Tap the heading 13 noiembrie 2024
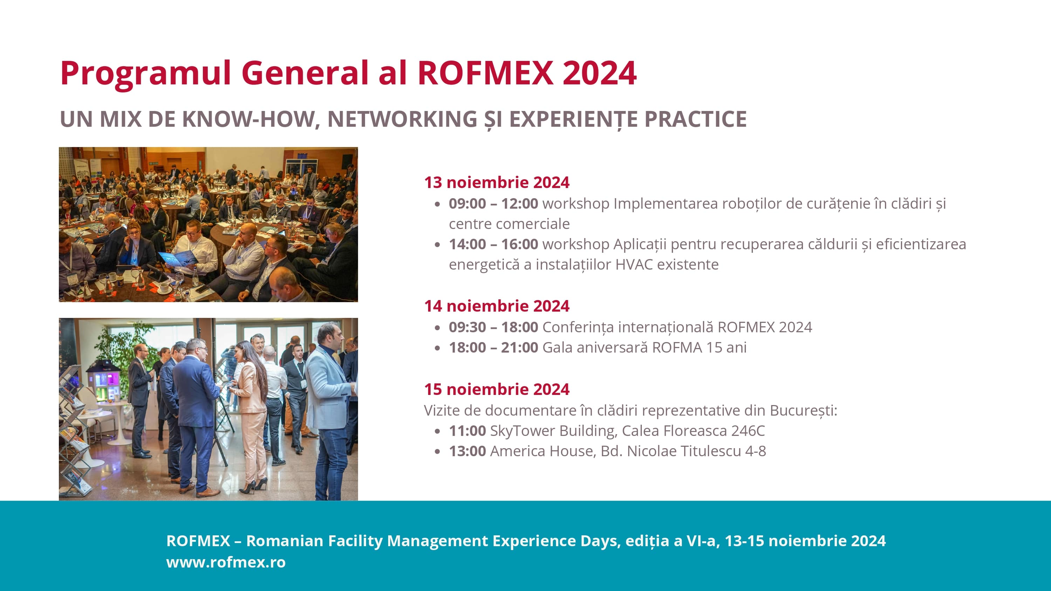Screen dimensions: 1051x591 click(496, 182)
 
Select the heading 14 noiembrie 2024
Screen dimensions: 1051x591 click(496, 306)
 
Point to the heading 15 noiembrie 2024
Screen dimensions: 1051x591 click(496, 389)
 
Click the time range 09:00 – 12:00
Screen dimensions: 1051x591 click(493, 203)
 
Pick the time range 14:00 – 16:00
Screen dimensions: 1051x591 click(493, 244)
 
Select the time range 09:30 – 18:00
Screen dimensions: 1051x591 click(493, 327)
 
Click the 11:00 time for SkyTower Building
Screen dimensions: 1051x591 click(467, 430)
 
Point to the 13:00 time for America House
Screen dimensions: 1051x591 click(467, 451)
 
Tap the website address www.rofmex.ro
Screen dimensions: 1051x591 click(226, 562)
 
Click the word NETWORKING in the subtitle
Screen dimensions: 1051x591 click(402, 119)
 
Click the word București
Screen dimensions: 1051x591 click(803, 410)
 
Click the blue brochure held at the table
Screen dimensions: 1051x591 click(178, 259)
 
